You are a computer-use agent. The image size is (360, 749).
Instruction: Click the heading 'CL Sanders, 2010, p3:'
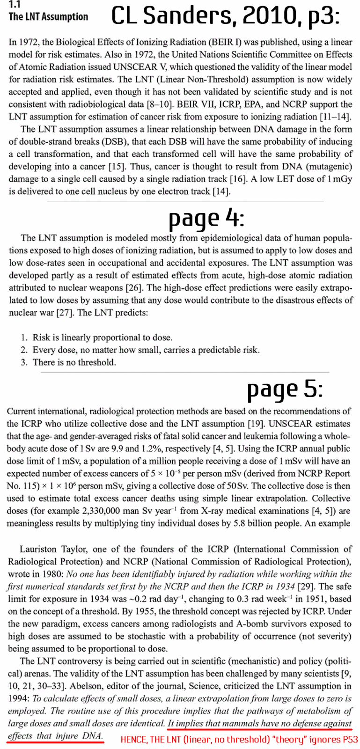225,16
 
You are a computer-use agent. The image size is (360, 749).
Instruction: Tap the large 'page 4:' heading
206,218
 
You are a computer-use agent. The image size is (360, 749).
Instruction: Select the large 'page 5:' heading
285,389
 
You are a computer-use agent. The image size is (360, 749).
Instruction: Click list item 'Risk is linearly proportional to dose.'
102,338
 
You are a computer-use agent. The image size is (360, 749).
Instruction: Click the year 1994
18,698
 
